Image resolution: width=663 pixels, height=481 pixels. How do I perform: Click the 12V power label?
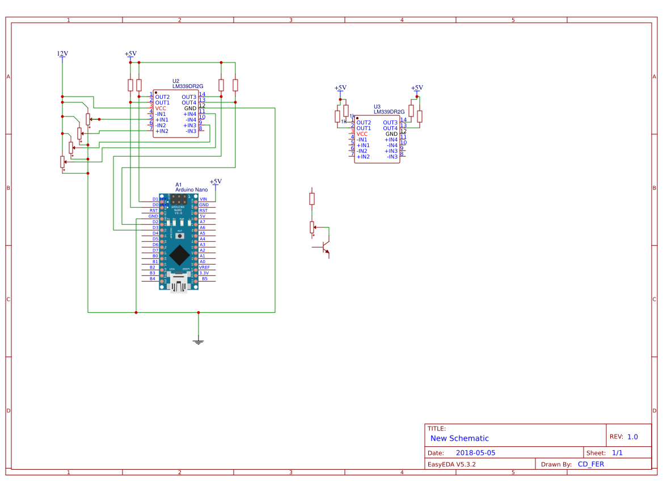62,54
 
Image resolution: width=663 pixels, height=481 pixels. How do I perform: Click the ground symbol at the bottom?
199,342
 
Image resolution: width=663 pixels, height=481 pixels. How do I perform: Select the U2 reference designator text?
176,81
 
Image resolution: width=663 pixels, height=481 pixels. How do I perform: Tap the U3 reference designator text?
377,107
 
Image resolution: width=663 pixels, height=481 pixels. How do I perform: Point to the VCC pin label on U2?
161,108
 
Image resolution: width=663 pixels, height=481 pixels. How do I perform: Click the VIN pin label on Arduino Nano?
204,199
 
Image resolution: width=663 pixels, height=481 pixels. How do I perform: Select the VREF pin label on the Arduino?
204,267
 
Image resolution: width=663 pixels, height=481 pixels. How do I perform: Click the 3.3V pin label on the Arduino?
204,273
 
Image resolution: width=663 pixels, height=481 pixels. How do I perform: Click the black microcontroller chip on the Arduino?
179,255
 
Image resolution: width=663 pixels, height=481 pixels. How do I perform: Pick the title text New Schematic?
459,438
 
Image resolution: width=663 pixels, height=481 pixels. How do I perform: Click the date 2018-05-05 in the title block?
475,453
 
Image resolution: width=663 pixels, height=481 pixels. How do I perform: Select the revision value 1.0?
632,437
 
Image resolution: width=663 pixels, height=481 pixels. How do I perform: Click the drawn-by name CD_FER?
590,464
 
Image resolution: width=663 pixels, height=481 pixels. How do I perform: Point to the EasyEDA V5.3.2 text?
451,464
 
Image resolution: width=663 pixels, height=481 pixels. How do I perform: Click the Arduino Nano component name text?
191,190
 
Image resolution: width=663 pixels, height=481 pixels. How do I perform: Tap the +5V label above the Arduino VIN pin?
216,182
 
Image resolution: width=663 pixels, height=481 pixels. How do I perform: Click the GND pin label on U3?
391,134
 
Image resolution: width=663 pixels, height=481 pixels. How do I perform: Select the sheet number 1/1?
617,453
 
